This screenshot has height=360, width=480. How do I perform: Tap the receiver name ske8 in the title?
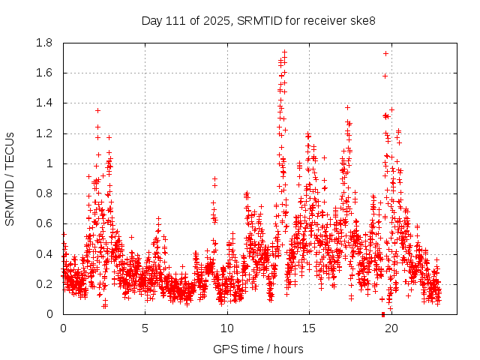pyautogui.click(x=360, y=20)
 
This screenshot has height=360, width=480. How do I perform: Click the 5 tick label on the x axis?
pyautogui.click(x=145, y=328)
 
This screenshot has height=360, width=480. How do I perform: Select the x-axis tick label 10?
pyautogui.click(x=226, y=328)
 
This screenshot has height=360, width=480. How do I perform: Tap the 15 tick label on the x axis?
pyautogui.click(x=308, y=328)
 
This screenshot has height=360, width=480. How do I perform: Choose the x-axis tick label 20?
pyautogui.click(x=390, y=328)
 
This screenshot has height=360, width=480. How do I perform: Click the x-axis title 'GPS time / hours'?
pyautogui.click(x=258, y=349)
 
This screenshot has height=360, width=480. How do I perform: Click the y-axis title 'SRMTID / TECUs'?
pyautogui.click(x=10, y=178)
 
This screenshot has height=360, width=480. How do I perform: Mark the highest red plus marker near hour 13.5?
pyautogui.click(x=284, y=52)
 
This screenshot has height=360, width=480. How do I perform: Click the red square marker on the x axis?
pyautogui.click(x=382, y=313)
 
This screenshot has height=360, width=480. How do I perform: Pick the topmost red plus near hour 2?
pyautogui.click(x=97, y=110)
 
